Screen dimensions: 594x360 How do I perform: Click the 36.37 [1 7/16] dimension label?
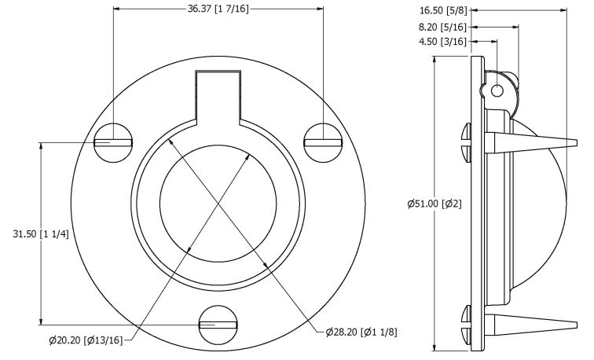(218, 9)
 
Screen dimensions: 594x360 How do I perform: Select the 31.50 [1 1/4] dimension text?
(41, 234)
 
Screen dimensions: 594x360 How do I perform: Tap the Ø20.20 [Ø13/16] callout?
(86, 340)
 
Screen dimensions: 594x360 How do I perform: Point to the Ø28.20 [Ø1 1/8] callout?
(361, 332)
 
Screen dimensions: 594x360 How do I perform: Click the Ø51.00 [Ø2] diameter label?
(434, 204)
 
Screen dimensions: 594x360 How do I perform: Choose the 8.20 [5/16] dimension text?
(443, 27)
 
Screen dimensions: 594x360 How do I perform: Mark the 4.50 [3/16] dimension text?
(443, 42)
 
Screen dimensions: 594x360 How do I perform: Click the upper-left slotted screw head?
(113, 143)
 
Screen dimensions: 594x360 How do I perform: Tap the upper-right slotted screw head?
(323, 143)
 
